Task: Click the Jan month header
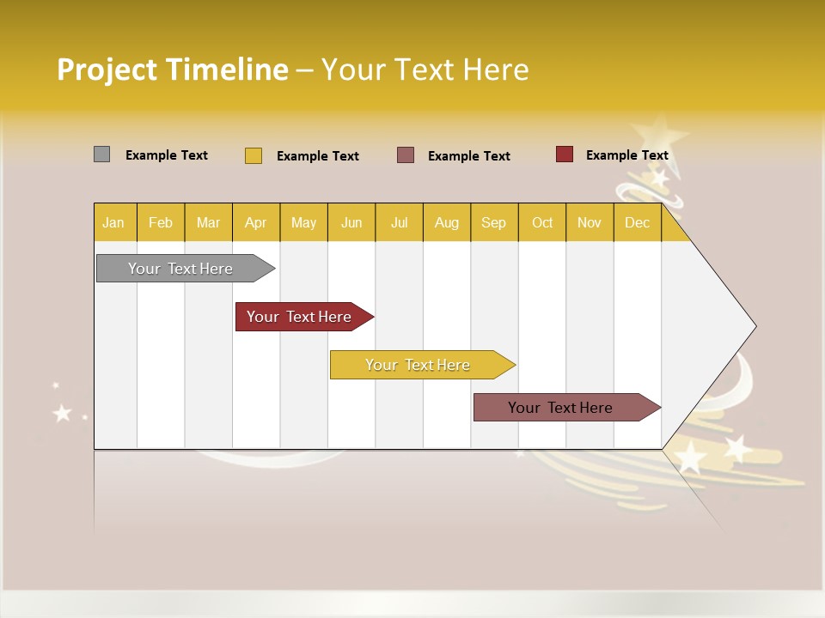coord(114,223)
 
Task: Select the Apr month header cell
coord(256,223)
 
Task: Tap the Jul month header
coord(399,223)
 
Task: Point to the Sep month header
coord(493,223)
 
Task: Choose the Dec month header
coord(637,223)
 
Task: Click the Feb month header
coord(161,223)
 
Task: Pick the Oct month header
coord(542,223)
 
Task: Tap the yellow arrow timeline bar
coord(419,365)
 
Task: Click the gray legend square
coord(101,154)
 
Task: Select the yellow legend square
coord(254,155)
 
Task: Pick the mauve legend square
coord(406,154)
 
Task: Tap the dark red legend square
coord(565,154)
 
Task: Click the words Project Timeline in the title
coord(173,70)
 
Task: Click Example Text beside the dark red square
coord(626,155)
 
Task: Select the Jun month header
coord(351,223)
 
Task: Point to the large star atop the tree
coord(661,132)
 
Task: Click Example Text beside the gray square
coord(167,155)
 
